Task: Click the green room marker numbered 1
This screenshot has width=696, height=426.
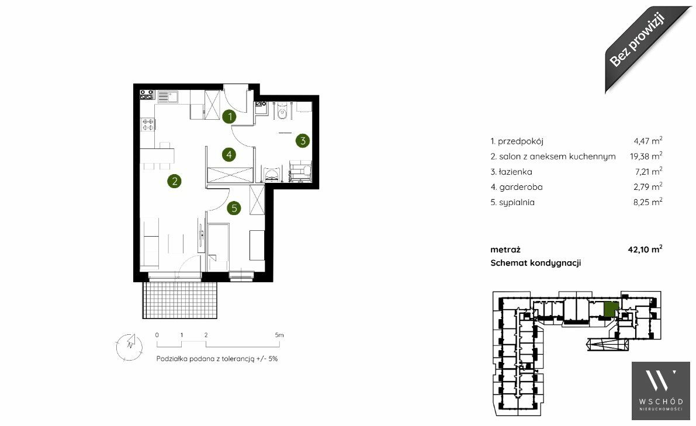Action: [229, 117]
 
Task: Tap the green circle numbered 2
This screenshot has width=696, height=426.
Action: [175, 181]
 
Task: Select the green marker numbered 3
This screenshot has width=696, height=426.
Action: [303, 141]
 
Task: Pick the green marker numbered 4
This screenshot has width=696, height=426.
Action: [228, 154]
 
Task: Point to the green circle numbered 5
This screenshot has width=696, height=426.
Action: [234, 207]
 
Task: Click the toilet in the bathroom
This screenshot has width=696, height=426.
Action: [281, 113]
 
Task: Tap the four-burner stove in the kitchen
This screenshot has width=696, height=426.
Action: [148, 124]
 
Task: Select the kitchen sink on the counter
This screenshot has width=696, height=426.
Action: [168, 96]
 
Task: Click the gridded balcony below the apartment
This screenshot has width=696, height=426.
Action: [180, 300]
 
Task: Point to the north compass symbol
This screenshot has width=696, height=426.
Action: [129, 347]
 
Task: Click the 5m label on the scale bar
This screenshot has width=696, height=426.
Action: [279, 335]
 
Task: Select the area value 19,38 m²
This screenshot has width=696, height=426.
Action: [646, 156]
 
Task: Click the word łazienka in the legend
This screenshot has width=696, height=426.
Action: [515, 171]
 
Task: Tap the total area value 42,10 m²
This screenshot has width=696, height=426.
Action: [645, 249]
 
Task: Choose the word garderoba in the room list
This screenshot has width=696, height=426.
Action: [521, 187]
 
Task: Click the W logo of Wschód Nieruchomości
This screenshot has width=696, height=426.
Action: [661, 381]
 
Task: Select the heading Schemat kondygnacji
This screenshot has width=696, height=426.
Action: [535, 263]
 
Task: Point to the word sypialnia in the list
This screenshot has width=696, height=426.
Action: [517, 202]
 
